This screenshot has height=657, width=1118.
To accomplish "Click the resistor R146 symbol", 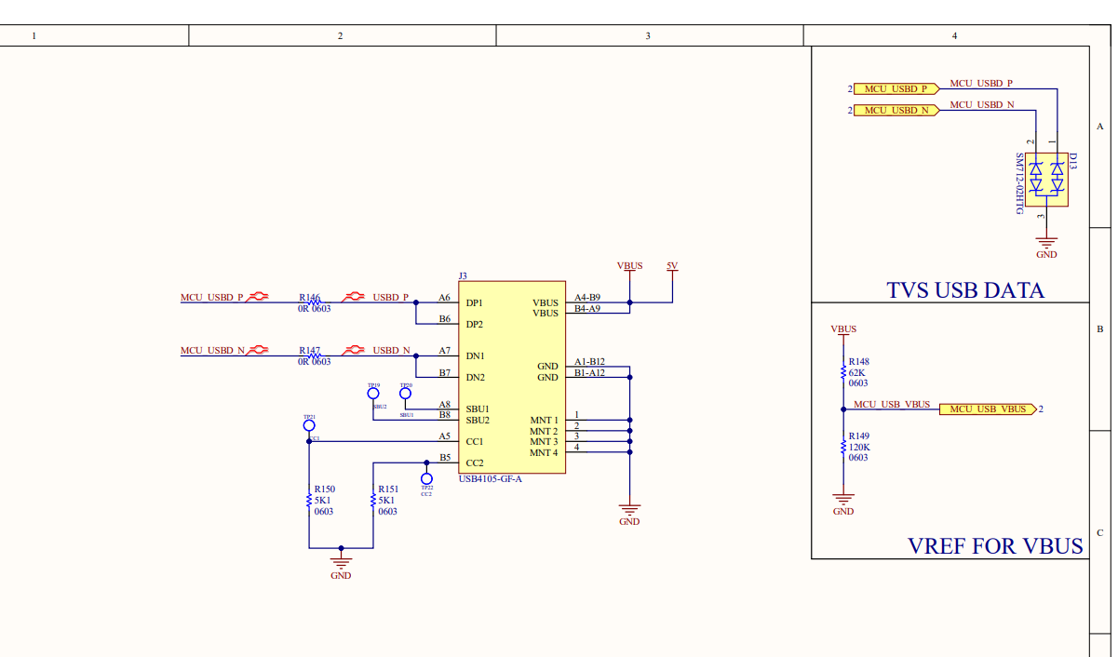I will (x=314, y=298).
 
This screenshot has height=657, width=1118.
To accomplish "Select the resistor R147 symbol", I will (x=314, y=351).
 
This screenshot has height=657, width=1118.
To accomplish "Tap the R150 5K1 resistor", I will (x=309, y=501).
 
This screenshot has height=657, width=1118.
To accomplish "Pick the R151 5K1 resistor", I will (x=373, y=501).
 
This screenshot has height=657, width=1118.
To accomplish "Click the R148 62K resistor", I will (x=843, y=372).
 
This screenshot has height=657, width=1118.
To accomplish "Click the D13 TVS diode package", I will (x=1046, y=179).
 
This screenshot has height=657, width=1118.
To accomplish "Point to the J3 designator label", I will (x=463, y=275).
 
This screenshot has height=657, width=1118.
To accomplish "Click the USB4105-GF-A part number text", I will (x=491, y=479).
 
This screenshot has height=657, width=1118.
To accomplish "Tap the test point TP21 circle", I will (x=309, y=425).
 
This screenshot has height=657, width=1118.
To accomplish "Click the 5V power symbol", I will (x=672, y=267).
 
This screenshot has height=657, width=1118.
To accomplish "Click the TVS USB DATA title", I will (x=965, y=290).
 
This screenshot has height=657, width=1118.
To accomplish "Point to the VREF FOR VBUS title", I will (x=995, y=546).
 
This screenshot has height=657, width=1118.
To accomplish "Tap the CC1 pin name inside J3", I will (x=475, y=442).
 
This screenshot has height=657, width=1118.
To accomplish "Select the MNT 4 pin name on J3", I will (x=544, y=453).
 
